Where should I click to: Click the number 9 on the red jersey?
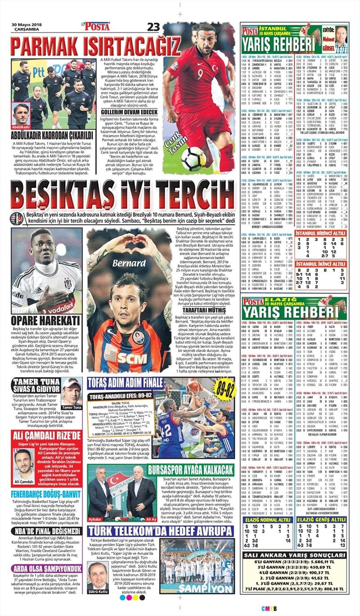[200, 74]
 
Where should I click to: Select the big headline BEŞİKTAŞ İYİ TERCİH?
[122, 195]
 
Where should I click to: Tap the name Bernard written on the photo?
[123, 262]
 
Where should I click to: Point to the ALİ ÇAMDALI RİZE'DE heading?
[47, 435]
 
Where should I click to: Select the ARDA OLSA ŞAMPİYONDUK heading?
[47, 568]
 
